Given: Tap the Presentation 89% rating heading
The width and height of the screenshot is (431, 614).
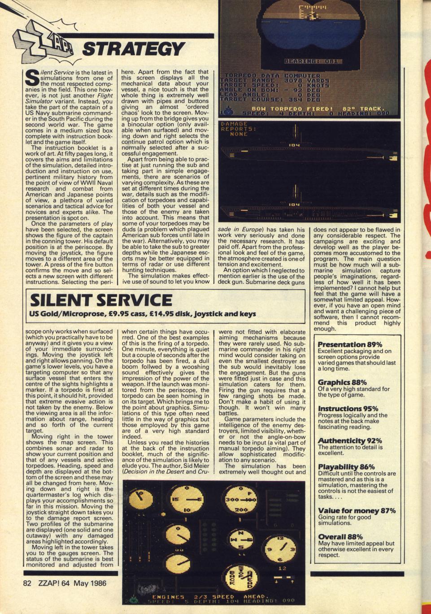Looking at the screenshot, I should [x=350, y=344].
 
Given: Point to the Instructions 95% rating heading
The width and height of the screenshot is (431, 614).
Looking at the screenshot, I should [x=348, y=409].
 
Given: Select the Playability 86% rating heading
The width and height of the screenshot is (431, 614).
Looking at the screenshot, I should [x=346, y=467].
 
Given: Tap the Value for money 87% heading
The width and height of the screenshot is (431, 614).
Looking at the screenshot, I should [x=357, y=510].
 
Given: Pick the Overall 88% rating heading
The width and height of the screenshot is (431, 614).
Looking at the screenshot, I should [x=340, y=536].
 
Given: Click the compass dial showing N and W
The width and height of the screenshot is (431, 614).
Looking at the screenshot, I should [x=239, y=536].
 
